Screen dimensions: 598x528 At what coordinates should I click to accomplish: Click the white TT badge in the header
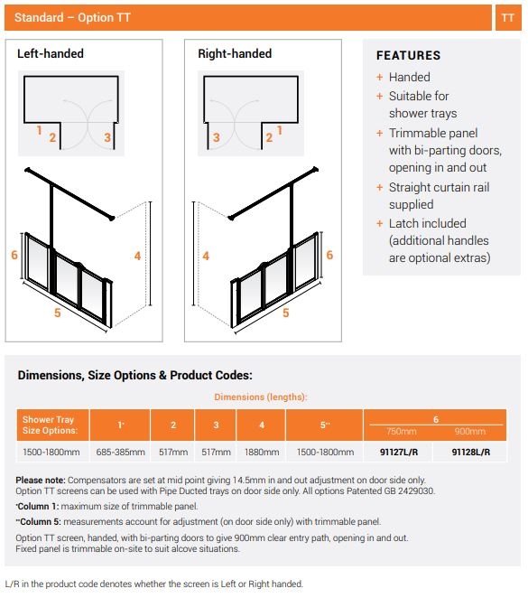tap(507, 18)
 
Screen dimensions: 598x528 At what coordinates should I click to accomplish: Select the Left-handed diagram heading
tap(51, 54)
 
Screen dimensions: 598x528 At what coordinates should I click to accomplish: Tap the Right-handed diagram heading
tap(235, 54)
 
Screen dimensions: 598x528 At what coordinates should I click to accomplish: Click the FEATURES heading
tap(408, 56)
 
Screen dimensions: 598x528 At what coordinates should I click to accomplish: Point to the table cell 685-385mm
tap(120, 452)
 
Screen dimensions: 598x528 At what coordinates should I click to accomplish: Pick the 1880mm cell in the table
tap(261, 452)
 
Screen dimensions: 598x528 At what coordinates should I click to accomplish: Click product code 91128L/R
tap(469, 452)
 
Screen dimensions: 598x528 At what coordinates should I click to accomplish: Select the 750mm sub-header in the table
tap(399, 432)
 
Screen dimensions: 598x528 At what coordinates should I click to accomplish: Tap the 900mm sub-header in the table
tap(469, 432)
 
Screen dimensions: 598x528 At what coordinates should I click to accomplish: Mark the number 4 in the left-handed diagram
tap(137, 256)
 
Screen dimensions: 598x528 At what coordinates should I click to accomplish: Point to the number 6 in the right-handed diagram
tap(329, 256)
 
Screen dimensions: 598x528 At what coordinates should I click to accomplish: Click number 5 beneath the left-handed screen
tap(57, 313)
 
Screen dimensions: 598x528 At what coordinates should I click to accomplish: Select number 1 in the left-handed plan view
tap(39, 130)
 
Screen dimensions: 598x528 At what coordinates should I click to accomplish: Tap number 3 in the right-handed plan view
tap(217, 137)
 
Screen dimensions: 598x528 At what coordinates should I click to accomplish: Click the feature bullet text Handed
tap(409, 78)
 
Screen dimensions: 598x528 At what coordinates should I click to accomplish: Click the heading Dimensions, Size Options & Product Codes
tap(134, 375)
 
